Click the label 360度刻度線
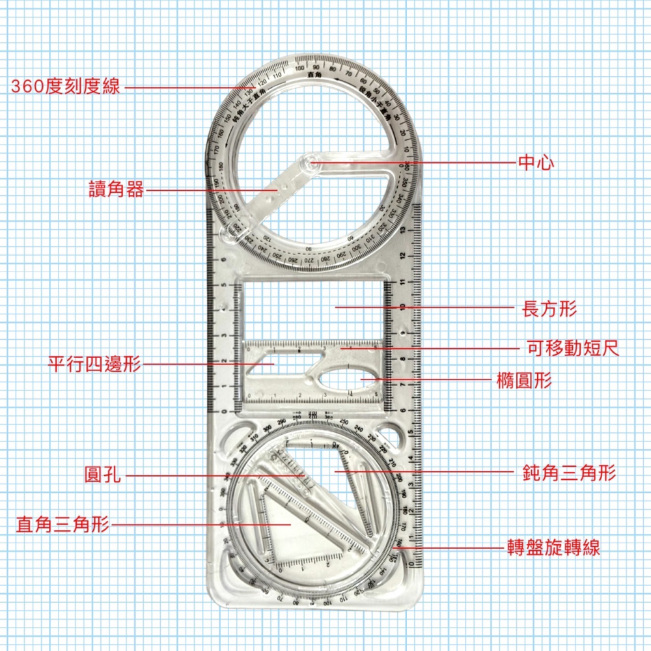tap(66, 86)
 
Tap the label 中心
tap(536, 163)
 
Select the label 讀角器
tap(116, 190)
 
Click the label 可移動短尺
tap(573, 349)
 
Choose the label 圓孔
tap(102, 475)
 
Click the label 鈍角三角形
tap(569, 473)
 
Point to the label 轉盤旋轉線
tap(553, 548)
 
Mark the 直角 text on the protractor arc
tap(314, 76)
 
